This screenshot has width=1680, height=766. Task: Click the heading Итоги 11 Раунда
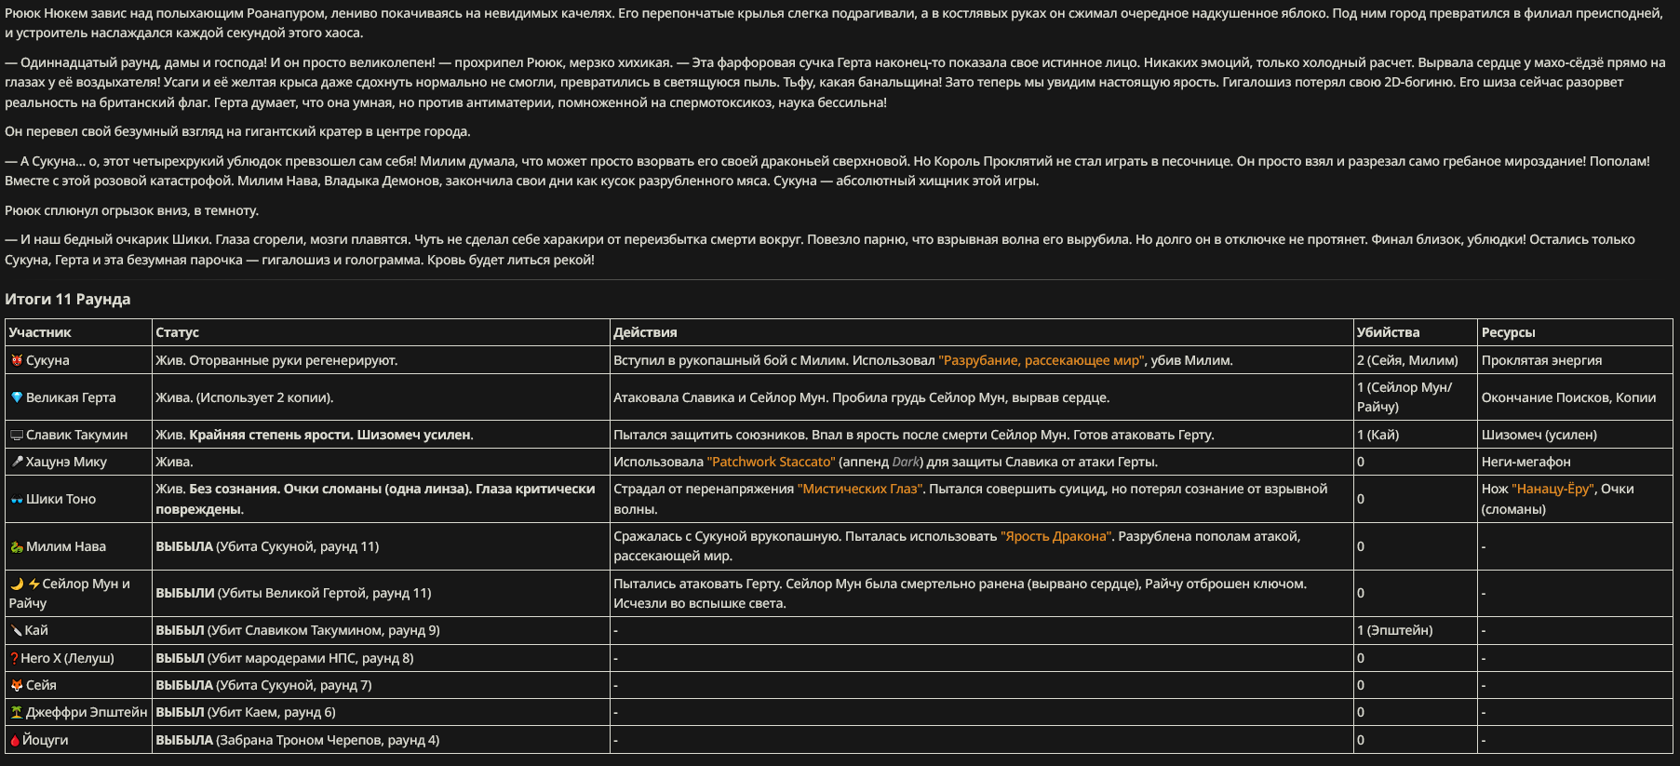(67, 299)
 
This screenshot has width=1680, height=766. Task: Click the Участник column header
(40, 332)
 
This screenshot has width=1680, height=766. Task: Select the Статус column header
(177, 332)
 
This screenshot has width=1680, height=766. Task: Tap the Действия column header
(645, 332)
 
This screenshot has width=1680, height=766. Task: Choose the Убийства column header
(1388, 332)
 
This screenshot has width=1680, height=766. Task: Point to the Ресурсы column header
(1508, 332)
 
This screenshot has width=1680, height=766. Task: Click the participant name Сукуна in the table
(47, 360)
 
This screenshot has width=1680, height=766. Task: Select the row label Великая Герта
(71, 397)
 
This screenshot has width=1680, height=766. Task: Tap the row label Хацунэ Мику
(66, 462)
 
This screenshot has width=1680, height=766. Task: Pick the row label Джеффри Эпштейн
(87, 712)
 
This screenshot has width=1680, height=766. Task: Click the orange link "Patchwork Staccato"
(771, 462)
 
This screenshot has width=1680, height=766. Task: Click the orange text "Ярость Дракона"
(1055, 536)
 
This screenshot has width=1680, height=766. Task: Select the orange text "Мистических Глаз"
(859, 489)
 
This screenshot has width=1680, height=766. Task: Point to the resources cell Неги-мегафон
(1525, 462)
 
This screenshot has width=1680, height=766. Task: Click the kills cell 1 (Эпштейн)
(1394, 630)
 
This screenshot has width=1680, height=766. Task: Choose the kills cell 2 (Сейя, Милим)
(1407, 360)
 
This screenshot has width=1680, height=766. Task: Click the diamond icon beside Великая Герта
(16, 397)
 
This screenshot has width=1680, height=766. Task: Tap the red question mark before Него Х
(14, 658)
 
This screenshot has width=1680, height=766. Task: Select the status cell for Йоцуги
(297, 740)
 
